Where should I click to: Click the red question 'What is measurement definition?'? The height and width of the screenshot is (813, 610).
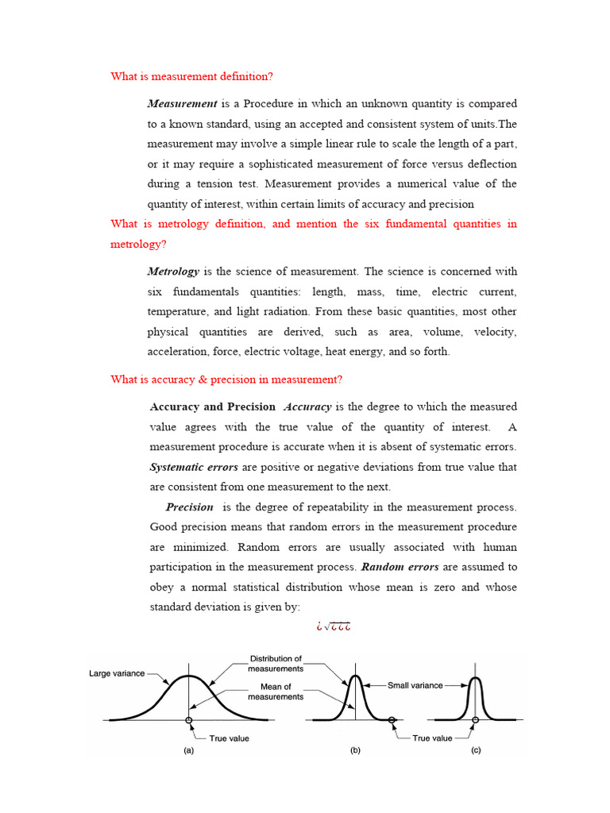pos(191,76)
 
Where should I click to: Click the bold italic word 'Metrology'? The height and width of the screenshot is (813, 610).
pos(173,272)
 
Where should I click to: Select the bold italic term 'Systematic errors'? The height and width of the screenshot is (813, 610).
pos(194,467)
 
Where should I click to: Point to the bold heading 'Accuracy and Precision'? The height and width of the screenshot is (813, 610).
pos(212,406)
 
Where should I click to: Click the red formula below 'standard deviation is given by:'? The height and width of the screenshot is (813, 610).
pos(333,627)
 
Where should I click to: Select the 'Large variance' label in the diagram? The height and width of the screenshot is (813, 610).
pos(117,673)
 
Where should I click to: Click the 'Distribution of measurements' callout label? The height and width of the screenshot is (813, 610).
pos(276,664)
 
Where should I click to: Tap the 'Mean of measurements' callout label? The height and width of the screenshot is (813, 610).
pos(276,692)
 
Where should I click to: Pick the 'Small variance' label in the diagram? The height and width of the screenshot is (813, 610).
pos(415,685)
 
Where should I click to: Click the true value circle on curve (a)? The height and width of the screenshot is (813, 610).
pos(189,720)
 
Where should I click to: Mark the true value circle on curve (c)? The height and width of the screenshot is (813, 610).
pos(475,720)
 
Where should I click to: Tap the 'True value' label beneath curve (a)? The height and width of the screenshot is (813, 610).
pos(229,738)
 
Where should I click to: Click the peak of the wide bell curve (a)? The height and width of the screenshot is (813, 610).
pos(188,676)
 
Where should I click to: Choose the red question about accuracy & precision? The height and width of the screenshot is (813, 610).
pos(226,380)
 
